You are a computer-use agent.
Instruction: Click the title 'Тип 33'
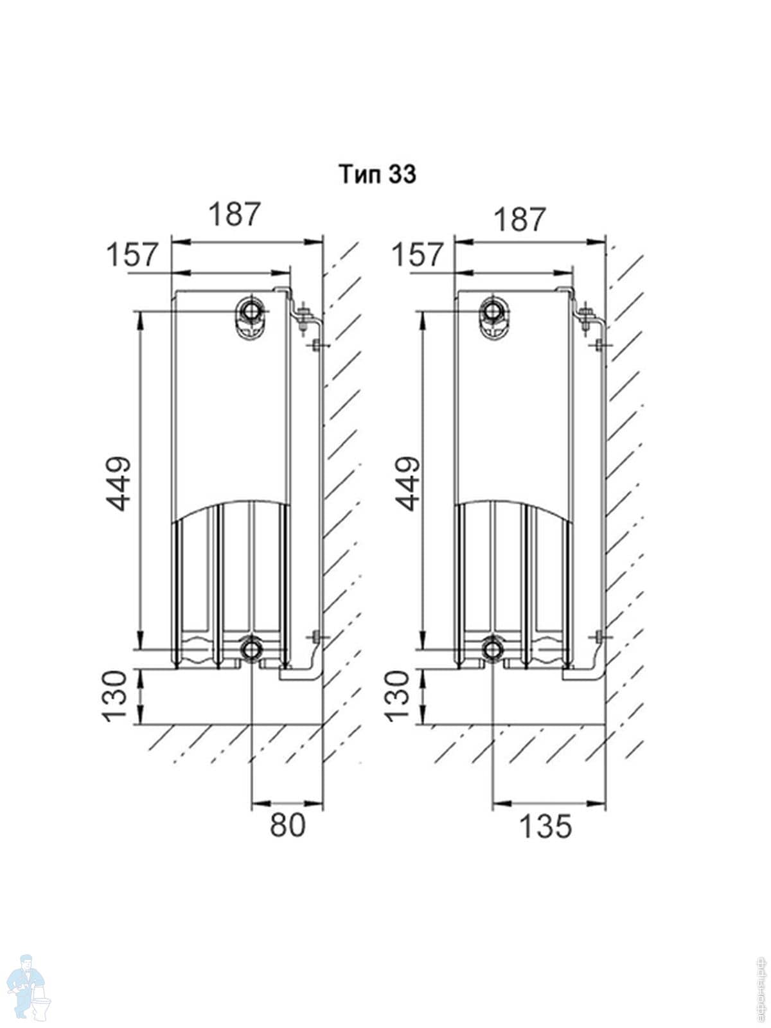point(378,174)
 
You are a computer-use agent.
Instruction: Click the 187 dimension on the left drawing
point(235,214)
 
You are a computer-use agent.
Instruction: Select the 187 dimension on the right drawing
point(519,219)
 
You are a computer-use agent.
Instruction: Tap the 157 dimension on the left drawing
point(132,255)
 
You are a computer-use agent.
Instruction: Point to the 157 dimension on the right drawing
point(418,255)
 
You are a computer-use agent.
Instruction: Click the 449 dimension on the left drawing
point(120,483)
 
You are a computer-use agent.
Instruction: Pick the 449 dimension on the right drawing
point(407,483)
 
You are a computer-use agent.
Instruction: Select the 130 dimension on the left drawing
point(117,696)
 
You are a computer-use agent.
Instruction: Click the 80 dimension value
point(287,825)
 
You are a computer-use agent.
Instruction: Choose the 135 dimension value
point(545,826)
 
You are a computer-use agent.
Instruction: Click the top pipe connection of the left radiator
point(250,312)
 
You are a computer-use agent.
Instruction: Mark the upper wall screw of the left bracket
point(316,346)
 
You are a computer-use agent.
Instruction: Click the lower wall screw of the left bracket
point(316,637)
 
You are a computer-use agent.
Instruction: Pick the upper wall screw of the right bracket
point(599,346)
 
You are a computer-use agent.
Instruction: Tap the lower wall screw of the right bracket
point(599,637)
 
